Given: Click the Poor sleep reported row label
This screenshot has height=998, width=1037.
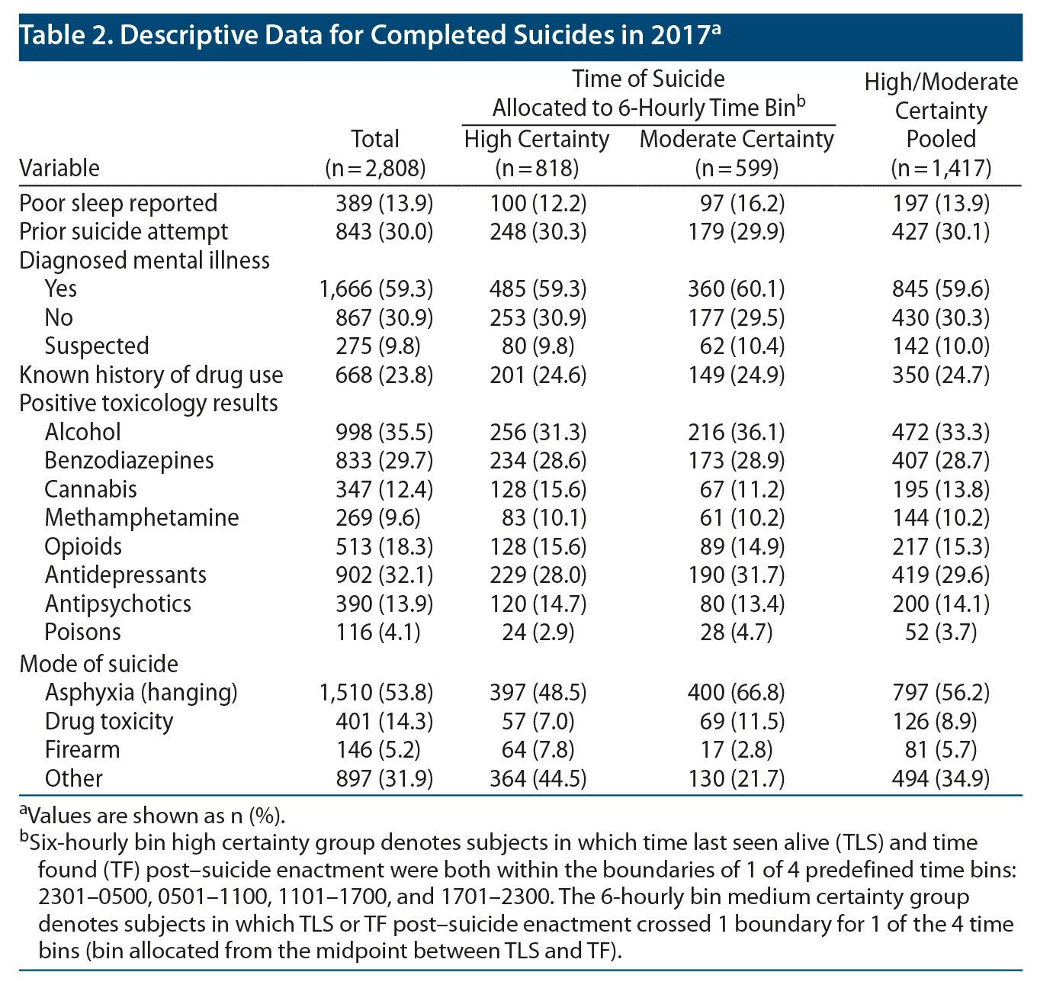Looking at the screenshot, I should (118, 203).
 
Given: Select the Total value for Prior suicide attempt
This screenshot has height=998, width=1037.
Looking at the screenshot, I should (384, 231).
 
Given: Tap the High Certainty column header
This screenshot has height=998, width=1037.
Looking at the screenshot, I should (536, 140).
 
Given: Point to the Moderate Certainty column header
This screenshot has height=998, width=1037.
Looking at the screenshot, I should (737, 140).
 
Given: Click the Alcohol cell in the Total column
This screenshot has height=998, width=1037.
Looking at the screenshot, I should (384, 432).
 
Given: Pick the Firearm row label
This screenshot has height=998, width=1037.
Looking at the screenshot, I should (82, 749).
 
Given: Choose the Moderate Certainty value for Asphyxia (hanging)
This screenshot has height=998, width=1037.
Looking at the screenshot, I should (737, 692).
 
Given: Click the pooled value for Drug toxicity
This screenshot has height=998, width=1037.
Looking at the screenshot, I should (940, 721).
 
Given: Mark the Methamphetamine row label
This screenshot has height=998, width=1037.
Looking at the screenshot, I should (142, 517).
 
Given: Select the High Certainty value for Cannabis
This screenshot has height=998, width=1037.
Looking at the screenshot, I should (538, 489).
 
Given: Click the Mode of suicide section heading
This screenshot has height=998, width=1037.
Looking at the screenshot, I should (98, 664).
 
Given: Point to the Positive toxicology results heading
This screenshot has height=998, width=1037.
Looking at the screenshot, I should (149, 403).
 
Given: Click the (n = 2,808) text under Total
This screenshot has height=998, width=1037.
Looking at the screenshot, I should (375, 168).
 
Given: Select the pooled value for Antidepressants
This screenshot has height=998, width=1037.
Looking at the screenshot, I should (940, 575).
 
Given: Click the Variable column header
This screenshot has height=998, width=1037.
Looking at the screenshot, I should (59, 168).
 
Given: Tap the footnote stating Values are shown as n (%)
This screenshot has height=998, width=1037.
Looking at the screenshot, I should (152, 816).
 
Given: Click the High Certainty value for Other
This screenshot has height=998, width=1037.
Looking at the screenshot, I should (538, 778).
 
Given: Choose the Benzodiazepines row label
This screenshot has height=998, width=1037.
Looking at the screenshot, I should (129, 460).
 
